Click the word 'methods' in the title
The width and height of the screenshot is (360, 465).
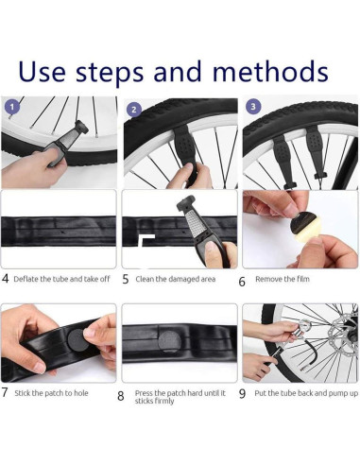(x=270, y=71)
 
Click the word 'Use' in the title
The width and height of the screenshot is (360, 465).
(x=42, y=72)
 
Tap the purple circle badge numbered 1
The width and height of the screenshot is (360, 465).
(x=12, y=107)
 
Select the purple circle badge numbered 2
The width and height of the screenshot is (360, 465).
(x=134, y=110)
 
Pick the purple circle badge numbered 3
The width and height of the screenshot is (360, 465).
(x=253, y=106)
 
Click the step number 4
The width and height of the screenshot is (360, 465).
(x=5, y=279)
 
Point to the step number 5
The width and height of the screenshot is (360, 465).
(x=126, y=279)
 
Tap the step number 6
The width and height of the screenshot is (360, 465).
(x=242, y=282)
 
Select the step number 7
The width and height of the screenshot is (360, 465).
(x=5, y=392)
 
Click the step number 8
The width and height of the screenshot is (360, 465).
(x=121, y=396)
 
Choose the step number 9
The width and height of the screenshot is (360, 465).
(x=242, y=394)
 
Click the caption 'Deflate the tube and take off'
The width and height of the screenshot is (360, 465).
(x=61, y=279)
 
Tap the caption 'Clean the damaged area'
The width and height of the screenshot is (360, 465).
(x=176, y=279)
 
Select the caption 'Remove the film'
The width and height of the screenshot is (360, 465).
(x=283, y=279)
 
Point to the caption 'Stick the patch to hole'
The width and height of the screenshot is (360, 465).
(x=51, y=393)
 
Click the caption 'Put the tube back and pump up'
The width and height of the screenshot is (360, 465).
(x=306, y=393)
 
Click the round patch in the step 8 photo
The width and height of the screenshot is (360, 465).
(x=170, y=342)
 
